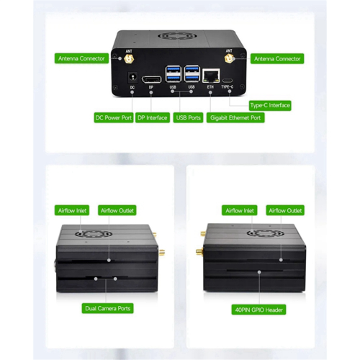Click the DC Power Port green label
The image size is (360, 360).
(x=114, y=117)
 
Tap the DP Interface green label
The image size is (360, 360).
(x=153, y=117)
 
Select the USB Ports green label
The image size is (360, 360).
(x=188, y=117)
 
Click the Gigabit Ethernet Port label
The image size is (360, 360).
(x=235, y=117)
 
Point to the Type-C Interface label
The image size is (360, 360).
(x=270, y=105)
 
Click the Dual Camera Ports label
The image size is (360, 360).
(x=107, y=308)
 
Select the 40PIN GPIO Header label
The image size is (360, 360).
(x=258, y=310)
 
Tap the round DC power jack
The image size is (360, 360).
(x=132, y=77)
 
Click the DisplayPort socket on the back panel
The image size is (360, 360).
(x=151, y=80)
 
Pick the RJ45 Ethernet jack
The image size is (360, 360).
(x=211, y=76)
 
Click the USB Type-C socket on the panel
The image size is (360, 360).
(x=227, y=81)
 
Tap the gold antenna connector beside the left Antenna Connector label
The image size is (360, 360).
(x=129, y=58)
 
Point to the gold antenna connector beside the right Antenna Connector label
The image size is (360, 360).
(x=229, y=58)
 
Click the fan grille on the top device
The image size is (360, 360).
(x=174, y=37)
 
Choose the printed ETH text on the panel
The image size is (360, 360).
(x=210, y=86)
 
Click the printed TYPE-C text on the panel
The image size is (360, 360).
(x=227, y=86)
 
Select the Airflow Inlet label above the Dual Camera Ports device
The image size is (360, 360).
(x=72, y=210)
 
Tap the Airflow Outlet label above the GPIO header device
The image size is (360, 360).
(x=285, y=210)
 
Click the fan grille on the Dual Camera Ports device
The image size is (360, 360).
(x=93, y=234)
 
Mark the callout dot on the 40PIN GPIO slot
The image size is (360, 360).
(x=259, y=272)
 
